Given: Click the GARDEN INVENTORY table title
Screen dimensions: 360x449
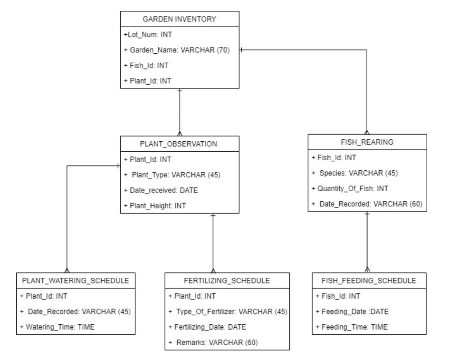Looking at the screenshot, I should (179, 19).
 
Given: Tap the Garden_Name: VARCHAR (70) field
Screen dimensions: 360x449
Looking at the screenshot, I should (179, 50).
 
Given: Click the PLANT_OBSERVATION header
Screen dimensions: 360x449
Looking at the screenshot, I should (180, 143).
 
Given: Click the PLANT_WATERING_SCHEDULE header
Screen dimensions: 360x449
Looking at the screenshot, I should (76, 280).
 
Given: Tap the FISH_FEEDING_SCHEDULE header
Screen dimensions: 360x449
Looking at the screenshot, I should (367, 280).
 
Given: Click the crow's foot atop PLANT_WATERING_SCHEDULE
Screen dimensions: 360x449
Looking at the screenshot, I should (67, 269).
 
